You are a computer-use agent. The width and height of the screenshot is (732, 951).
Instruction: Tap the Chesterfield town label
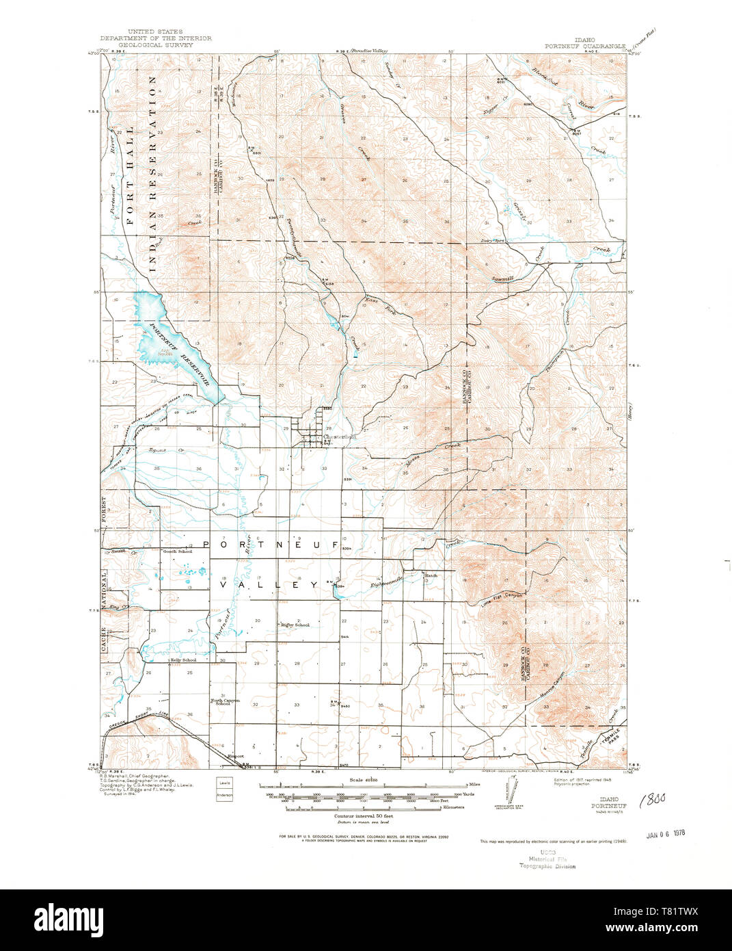click(340, 437)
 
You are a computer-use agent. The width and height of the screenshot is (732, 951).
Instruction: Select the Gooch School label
click(177, 551)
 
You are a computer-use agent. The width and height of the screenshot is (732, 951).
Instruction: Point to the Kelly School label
click(183, 660)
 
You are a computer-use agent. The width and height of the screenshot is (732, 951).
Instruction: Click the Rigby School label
click(295, 625)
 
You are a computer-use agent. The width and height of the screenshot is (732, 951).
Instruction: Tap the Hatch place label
click(431, 575)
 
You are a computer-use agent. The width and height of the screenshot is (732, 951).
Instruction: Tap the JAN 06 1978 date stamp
click(665, 834)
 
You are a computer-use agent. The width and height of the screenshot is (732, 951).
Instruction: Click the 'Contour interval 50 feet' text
click(363, 816)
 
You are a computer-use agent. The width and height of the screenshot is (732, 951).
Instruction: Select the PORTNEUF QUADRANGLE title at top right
click(585, 47)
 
